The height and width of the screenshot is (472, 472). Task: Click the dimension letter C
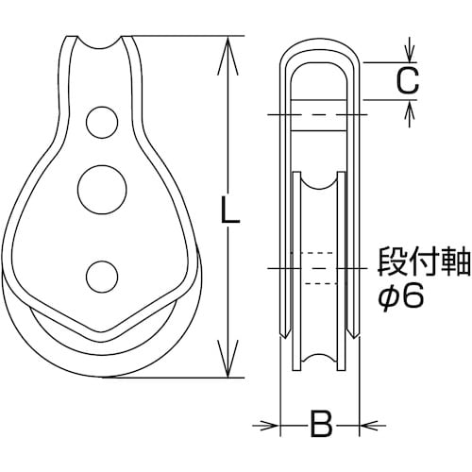click(x=406, y=83)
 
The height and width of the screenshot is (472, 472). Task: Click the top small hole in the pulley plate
click(x=96, y=121)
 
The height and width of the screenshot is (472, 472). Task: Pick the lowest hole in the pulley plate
click(x=98, y=275)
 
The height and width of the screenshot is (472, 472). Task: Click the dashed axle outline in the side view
click(x=320, y=268)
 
